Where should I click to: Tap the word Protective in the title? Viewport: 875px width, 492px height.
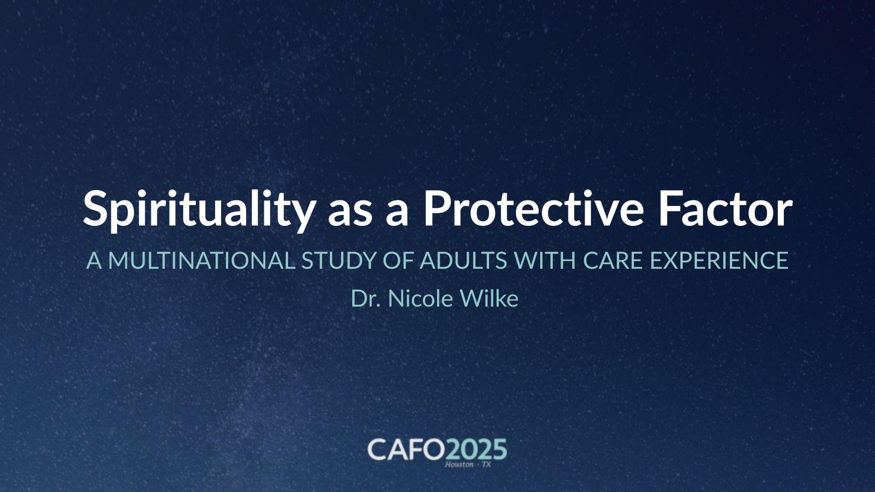pyautogui.click(x=533, y=208)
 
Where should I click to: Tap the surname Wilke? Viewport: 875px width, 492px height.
pyautogui.click(x=489, y=299)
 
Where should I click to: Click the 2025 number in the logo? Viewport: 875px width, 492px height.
pyautogui.click(x=476, y=450)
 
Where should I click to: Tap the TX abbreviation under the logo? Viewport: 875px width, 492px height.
pyautogui.click(x=486, y=465)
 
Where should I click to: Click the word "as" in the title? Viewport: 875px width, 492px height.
pyautogui.click(x=350, y=212)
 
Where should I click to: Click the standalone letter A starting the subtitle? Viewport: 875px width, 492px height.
pyautogui.click(x=93, y=261)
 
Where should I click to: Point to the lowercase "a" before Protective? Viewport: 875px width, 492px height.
pyautogui.click(x=397, y=212)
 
